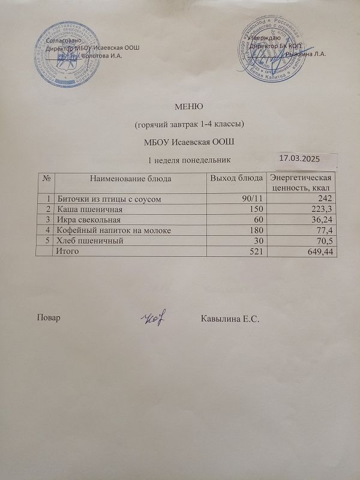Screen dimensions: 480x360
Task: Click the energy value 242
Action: pyautogui.click(x=325, y=198)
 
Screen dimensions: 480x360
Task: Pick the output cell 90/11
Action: pyautogui.click(x=251, y=198)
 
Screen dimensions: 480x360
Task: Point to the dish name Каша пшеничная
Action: pyautogui.click(x=89, y=209)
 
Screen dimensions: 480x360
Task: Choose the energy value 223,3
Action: pyautogui.click(x=321, y=209)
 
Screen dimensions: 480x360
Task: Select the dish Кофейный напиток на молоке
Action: pyautogui.click(x=114, y=230)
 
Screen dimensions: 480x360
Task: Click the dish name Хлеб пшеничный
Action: pyautogui.click(x=90, y=241)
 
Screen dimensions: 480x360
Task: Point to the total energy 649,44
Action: pyautogui.click(x=318, y=252)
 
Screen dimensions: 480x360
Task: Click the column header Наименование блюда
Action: pyautogui.click(x=131, y=178)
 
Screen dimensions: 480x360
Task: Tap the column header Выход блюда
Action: pyautogui.click(x=236, y=178)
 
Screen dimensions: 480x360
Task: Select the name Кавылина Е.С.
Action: pyautogui.click(x=231, y=318)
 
